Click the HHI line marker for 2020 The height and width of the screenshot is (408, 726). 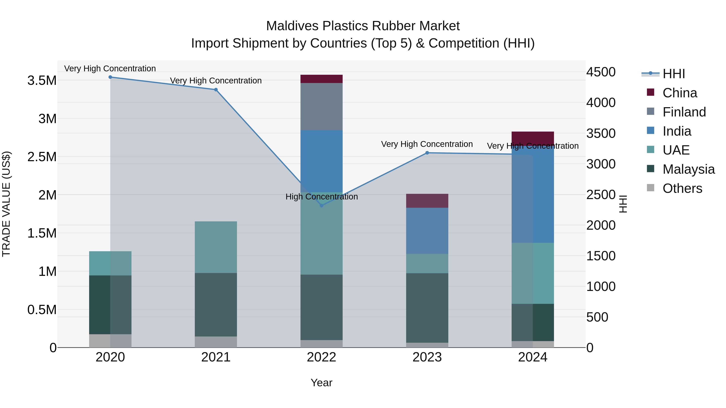pos(110,77)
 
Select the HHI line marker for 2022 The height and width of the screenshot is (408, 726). pos(322,205)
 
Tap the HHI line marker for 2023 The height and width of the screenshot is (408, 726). pos(427,153)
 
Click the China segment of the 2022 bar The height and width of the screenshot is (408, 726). pos(322,79)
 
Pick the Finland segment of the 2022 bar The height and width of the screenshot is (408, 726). pos(322,106)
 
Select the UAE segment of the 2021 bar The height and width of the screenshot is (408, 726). pos(216,247)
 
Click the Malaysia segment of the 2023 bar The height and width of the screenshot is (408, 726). pos(427,308)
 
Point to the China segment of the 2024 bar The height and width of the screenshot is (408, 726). pos(533,137)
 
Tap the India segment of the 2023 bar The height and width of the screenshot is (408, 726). pos(427,231)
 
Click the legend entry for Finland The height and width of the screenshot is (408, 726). pos(684,112)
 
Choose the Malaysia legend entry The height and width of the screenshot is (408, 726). pos(688,169)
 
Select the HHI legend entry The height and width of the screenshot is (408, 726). pos(674,74)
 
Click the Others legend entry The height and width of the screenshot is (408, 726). pos(682,188)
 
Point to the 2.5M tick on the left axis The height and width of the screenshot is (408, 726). pos(42,157)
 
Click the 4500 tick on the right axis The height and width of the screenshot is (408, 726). pos(601,72)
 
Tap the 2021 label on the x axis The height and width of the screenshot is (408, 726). pos(216,357)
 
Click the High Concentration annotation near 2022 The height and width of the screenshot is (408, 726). pos(322,196)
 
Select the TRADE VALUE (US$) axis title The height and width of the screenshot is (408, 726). pos(6,204)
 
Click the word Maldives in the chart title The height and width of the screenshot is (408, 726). pos(292,26)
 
